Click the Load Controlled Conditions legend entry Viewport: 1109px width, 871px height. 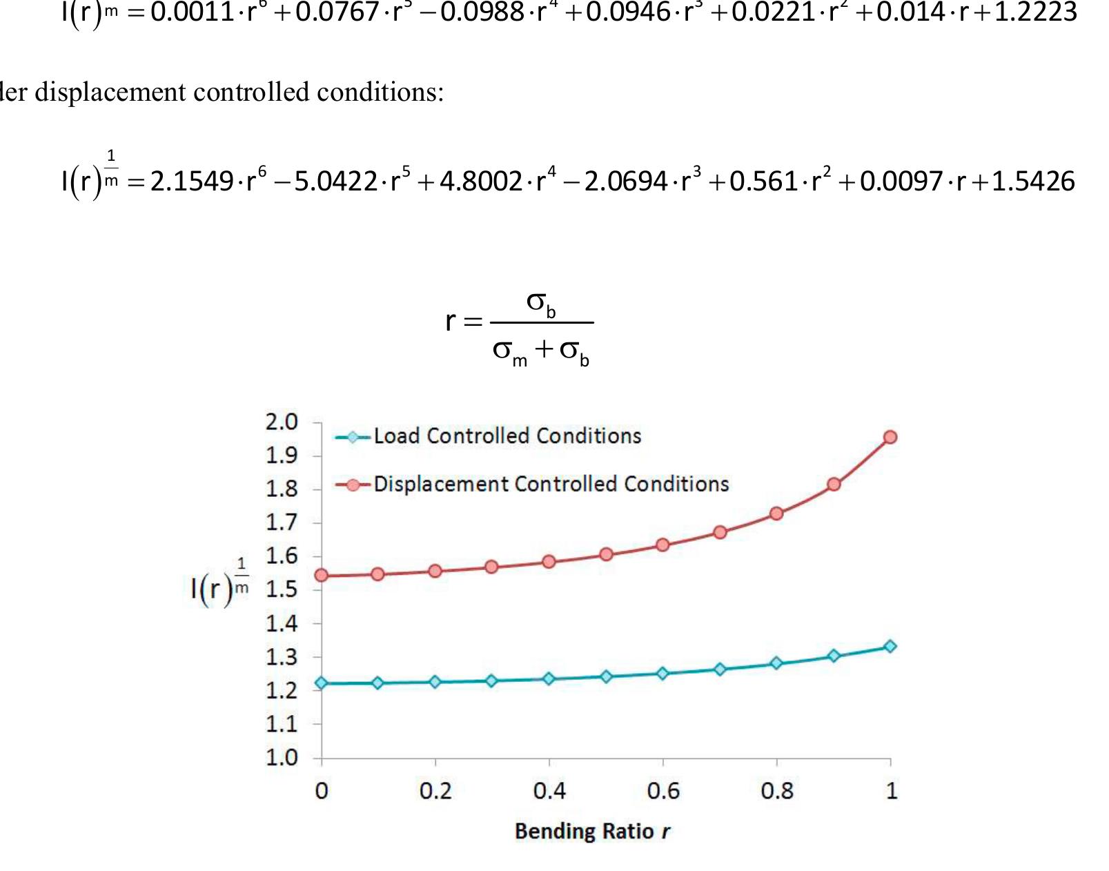507,436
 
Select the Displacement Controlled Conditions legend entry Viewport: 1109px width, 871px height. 551,485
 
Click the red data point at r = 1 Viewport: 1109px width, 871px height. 890,437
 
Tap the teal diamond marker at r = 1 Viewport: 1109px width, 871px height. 890,647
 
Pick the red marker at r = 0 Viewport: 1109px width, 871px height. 321,576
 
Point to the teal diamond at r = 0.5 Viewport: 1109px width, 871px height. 606,676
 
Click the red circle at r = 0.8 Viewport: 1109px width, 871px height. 776,513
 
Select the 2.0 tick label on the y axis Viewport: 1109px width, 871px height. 282,422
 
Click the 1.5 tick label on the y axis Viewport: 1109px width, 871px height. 282,590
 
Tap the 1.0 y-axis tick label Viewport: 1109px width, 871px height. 282,758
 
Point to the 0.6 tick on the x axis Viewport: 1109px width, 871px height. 663,791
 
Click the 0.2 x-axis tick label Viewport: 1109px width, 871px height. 435,791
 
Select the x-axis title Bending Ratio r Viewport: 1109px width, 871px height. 592,831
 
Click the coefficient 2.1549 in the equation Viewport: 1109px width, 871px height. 192,182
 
